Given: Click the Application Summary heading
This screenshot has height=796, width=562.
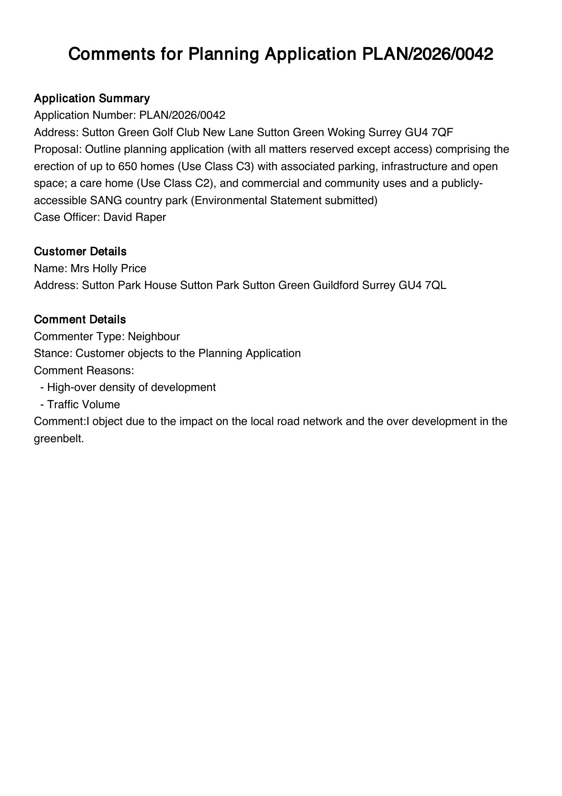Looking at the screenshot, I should (92, 98).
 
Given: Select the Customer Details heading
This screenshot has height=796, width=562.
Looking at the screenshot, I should (80, 251).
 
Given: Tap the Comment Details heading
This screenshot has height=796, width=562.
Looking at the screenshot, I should (80, 319).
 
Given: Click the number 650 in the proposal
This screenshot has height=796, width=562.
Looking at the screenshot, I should (127, 166).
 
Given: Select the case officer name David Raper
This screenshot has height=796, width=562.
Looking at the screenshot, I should (135, 217).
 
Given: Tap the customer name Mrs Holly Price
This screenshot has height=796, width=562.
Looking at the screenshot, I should (108, 269).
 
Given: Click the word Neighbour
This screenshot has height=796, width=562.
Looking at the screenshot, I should (154, 337).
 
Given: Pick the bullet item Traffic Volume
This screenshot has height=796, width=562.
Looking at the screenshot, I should (83, 405).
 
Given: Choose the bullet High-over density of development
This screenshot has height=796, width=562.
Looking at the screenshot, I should (131, 387).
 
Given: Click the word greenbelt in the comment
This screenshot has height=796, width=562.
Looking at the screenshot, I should (59, 439).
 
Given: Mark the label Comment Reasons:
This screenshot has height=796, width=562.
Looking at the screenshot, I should (84, 371).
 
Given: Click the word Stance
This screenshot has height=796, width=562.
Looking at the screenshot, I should (53, 353).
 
